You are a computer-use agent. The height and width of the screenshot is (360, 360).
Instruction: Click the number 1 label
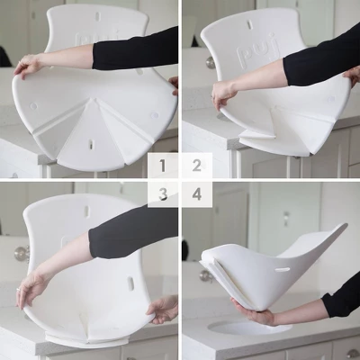coord(163,165)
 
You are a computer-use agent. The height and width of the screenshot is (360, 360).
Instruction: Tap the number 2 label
coord(196,165)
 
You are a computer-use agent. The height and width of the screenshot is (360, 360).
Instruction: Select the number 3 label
coord(163,193)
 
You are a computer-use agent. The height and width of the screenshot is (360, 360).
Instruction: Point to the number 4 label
coord(196,193)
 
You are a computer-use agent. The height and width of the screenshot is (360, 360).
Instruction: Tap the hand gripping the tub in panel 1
coord(27,65)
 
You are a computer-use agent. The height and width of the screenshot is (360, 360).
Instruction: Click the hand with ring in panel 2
coord(223,93)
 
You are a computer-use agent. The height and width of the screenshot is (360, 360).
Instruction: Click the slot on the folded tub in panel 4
coord(282,268)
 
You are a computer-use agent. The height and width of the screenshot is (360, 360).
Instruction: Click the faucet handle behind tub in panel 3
coord(21,253)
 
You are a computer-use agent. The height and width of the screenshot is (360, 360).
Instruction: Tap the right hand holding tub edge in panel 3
coord(163,310)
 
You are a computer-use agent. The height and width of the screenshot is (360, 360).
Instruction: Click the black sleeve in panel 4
coord(343,296)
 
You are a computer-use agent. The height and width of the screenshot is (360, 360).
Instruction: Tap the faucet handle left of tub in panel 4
coord(185,249)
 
